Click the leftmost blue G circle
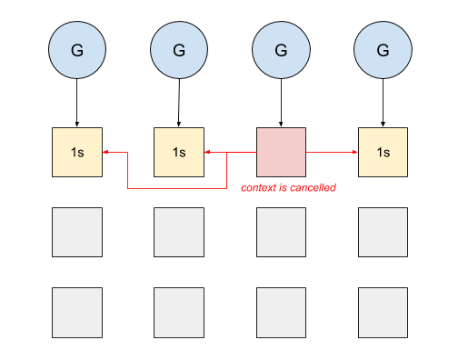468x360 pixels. click(76, 48)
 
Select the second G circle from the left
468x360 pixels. click(179, 48)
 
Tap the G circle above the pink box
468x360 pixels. click(282, 48)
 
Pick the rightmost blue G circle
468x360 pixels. click(383, 48)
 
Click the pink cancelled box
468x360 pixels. click(282, 152)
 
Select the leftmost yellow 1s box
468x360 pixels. click(77, 152)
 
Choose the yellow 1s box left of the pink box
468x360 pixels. click(179, 152)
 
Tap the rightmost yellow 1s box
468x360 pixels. click(383, 152)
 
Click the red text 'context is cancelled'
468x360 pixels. click(288, 188)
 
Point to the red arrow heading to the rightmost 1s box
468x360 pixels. click(333, 152)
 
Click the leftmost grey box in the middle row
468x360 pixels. click(77, 233)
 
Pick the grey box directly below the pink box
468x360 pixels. click(282, 233)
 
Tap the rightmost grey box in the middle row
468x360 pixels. click(383, 233)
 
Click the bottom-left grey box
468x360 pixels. click(77, 312)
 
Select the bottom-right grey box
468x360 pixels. click(383, 312)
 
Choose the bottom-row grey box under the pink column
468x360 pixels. click(282, 312)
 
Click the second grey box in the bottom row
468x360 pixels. click(179, 312)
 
